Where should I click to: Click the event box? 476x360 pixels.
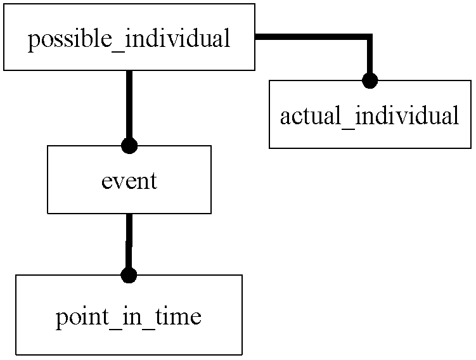129,180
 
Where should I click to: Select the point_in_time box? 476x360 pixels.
129,315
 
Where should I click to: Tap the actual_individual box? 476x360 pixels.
370,115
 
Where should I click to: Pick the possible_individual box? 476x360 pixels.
129,37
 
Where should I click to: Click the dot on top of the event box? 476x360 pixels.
129,146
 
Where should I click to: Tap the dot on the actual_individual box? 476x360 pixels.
370,80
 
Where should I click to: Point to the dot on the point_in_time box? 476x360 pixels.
129,275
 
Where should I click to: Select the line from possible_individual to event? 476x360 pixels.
129,105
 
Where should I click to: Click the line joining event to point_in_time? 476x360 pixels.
129,241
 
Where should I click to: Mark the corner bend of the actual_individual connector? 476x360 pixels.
370,37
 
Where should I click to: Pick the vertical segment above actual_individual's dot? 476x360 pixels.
370,54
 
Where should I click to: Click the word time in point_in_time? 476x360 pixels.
179,316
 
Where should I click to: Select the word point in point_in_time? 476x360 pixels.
82,319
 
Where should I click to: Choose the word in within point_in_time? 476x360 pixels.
132,316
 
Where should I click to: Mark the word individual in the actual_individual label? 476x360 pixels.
407,115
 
